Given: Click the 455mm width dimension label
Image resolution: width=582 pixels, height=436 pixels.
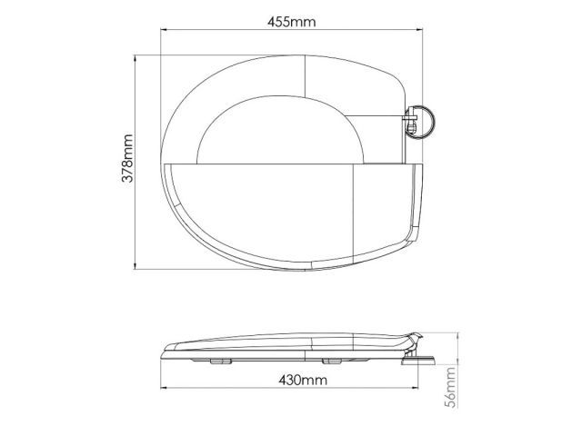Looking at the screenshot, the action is click(x=291, y=22).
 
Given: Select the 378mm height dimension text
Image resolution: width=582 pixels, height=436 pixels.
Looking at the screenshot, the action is click(x=127, y=158).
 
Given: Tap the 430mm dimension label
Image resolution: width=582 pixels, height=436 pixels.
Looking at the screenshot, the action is click(x=303, y=380).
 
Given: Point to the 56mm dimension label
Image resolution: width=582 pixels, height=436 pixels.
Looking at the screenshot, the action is click(x=451, y=388).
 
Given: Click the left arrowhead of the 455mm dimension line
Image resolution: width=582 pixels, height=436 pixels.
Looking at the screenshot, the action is click(x=164, y=30).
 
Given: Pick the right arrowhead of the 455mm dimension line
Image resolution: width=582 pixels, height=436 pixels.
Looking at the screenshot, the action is click(x=419, y=30).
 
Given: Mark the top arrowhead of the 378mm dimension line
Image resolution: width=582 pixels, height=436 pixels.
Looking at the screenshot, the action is click(x=135, y=58).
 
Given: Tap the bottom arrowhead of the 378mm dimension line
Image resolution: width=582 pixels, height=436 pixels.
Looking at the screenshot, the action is click(x=135, y=266).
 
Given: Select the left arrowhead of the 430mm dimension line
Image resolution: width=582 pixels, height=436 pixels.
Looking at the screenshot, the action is click(x=164, y=388).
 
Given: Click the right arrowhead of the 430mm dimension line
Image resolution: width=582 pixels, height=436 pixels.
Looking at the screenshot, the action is click(x=415, y=388).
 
